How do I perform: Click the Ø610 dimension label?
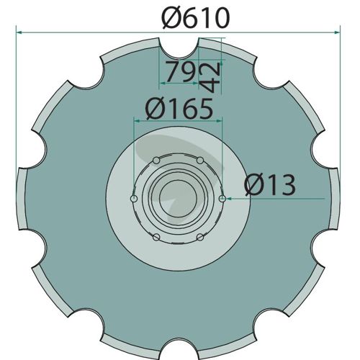pos(195,18)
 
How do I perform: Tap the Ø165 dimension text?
pos(179,109)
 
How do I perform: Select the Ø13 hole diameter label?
pos(270,184)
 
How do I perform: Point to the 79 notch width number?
pos(181,71)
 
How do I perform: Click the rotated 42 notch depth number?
pos(210,78)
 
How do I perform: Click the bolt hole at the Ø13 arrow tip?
pos(222,199)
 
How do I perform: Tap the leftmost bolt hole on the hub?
pos(134,199)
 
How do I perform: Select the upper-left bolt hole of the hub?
pos(156,161)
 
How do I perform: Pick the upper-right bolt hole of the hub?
pos(200,161)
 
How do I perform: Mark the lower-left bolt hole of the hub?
pos(156,238)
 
